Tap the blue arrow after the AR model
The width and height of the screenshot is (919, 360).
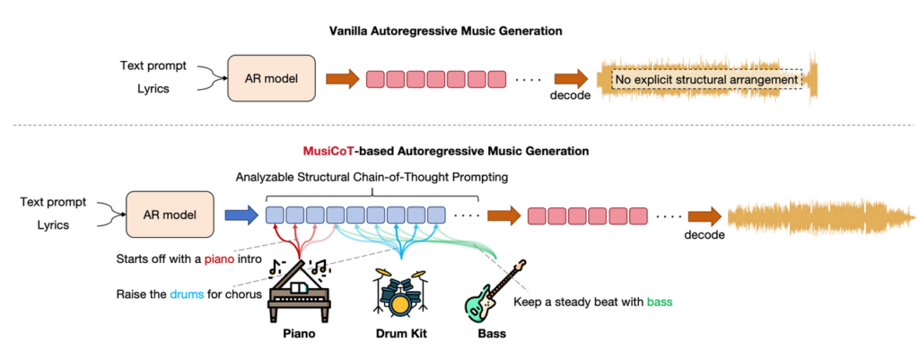coord(238,215)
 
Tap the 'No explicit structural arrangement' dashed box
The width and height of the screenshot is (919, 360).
coord(705,80)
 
